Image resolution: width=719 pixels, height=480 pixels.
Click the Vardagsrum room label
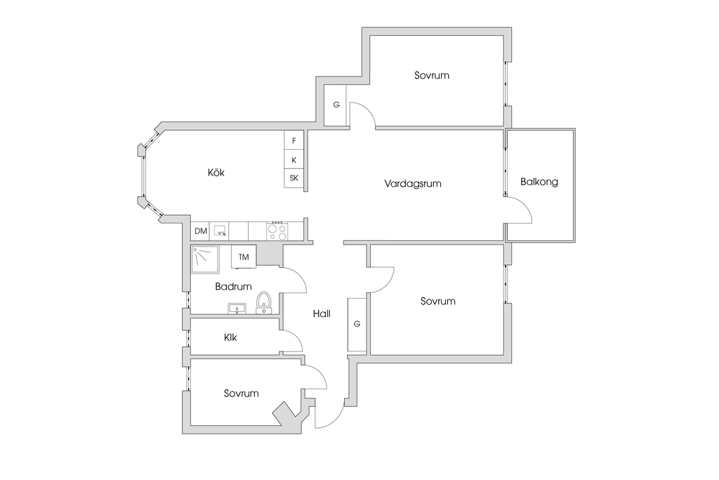(x=413, y=183)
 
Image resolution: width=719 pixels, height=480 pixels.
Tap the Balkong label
(x=539, y=182)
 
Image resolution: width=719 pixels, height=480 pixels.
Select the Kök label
(x=216, y=173)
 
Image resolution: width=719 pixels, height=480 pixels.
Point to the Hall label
(x=322, y=314)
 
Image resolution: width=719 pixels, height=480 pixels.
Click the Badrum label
(x=233, y=287)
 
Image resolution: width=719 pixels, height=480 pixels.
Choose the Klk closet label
(x=230, y=337)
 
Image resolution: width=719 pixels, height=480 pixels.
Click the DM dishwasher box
(x=200, y=231)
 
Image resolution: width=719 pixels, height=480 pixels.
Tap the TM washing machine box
(x=244, y=257)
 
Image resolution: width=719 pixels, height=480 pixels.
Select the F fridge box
(x=294, y=141)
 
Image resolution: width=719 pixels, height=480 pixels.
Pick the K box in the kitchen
(x=294, y=160)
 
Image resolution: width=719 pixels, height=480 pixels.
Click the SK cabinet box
(x=294, y=178)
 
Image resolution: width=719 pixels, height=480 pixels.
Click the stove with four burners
(x=277, y=231)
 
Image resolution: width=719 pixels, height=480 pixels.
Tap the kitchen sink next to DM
(x=220, y=231)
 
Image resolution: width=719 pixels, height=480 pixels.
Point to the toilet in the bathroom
(x=264, y=303)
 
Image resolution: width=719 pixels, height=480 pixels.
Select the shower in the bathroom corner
(x=205, y=260)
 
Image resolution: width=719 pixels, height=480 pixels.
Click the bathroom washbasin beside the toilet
(x=237, y=309)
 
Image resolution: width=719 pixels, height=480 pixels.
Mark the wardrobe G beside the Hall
(x=357, y=324)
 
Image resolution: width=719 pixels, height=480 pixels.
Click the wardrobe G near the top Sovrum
(x=336, y=105)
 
